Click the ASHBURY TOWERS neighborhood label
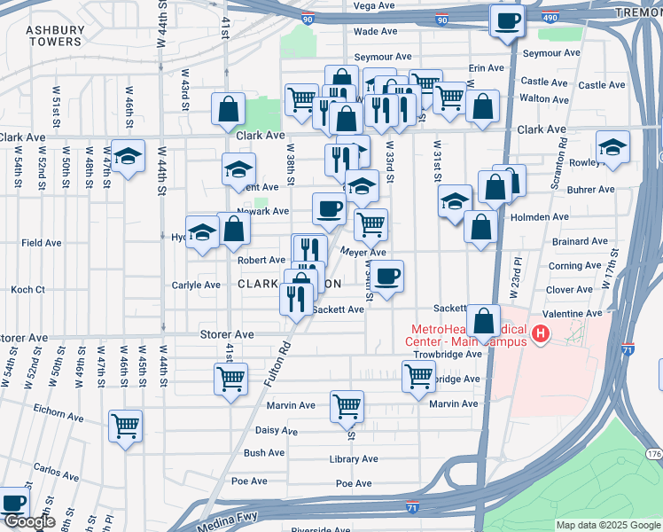pos(55,35)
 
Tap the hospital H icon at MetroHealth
pos(540,335)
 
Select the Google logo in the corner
pos(29,522)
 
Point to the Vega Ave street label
pos(373,5)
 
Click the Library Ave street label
pos(354,459)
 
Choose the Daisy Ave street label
pos(276,431)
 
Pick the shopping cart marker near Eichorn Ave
pos(125,426)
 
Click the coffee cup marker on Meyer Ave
pos(386,276)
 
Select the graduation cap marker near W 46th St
pos(129,156)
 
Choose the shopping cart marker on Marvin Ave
pos(347,406)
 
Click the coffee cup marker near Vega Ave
pos(508,20)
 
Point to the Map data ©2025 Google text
pos(608,525)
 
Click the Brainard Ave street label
pos(579,241)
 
